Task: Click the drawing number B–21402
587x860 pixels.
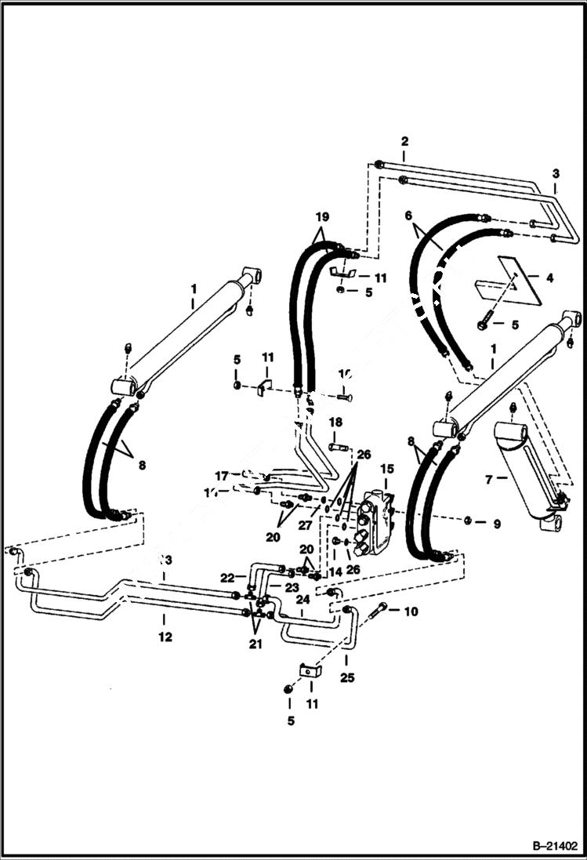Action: [547, 846]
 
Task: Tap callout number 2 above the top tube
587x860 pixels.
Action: [404, 142]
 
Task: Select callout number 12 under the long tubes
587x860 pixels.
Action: [165, 637]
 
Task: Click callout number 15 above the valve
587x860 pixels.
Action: [387, 468]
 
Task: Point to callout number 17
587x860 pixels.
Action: [222, 475]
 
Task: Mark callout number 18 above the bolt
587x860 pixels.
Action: [335, 423]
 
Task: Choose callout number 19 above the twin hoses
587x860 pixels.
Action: [322, 216]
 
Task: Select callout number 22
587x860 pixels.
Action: [228, 578]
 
